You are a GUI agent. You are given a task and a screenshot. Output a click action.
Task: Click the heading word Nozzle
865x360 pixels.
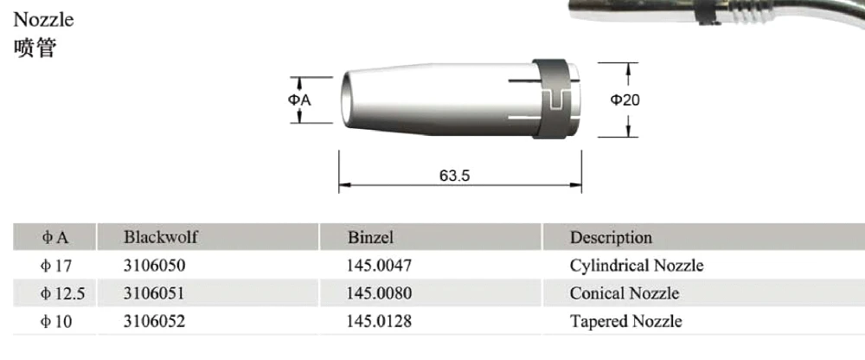pyautogui.click(x=44, y=19)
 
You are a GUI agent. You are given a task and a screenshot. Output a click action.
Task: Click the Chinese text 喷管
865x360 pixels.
pyautogui.click(x=35, y=48)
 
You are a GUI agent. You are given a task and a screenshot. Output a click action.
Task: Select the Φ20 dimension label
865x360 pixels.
pyautogui.click(x=625, y=100)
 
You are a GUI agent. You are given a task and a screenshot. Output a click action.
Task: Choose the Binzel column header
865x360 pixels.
pyautogui.click(x=370, y=237)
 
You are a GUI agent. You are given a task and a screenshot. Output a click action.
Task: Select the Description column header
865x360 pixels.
pyautogui.click(x=611, y=237)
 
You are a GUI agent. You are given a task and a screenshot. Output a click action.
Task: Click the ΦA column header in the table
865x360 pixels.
pyautogui.click(x=55, y=237)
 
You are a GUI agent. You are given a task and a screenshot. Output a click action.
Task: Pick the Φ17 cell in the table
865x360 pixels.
pyautogui.click(x=57, y=266)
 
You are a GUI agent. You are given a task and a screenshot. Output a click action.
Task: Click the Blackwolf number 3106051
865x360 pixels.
pyautogui.click(x=154, y=293)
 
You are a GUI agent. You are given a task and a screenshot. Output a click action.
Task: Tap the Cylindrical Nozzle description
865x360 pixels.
pyautogui.click(x=636, y=266)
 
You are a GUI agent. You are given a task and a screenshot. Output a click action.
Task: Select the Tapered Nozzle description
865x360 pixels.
pyautogui.click(x=625, y=322)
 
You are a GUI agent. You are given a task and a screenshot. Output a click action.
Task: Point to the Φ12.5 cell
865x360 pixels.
pyautogui.click(x=62, y=293)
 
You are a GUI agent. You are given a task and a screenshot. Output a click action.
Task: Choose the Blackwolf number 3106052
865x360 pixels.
pyautogui.click(x=154, y=322)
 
